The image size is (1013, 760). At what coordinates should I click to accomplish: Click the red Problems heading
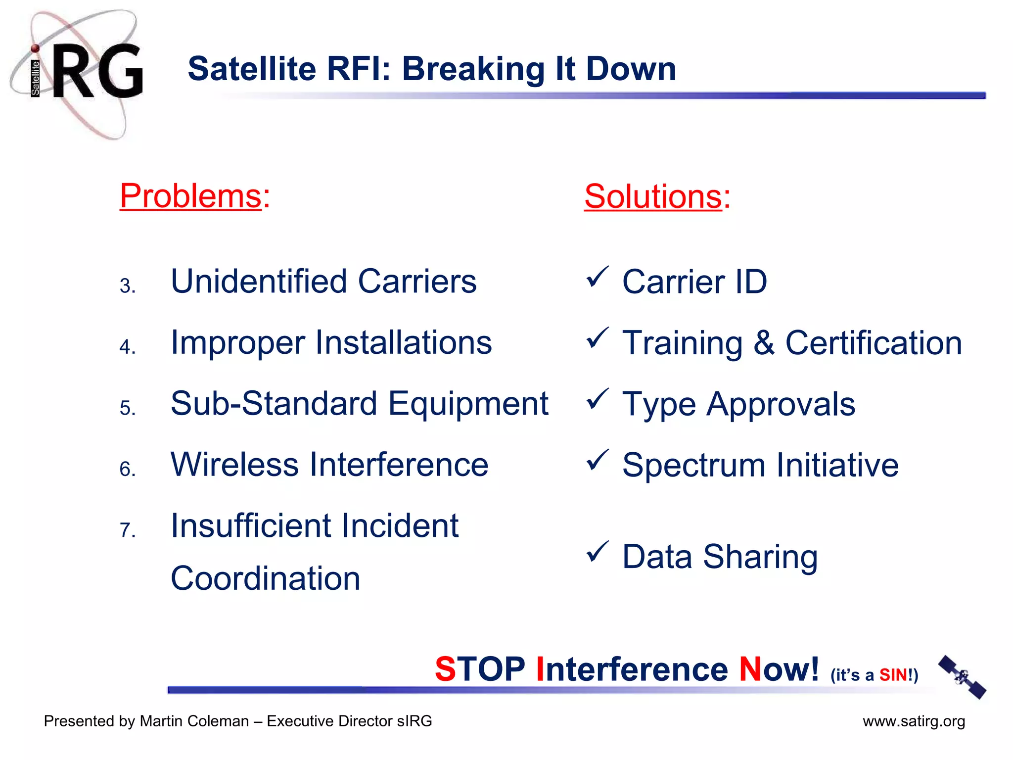[190, 196]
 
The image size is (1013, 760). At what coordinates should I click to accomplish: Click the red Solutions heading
[653, 196]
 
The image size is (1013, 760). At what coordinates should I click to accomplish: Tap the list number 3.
[127, 286]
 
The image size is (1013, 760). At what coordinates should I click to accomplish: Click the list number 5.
[127, 408]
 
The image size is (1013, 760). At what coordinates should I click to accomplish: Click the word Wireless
[234, 465]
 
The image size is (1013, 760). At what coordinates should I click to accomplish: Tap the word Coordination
[265, 578]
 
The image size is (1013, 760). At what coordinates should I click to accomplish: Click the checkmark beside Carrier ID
[597, 277]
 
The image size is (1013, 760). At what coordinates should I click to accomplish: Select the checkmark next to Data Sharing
[597, 552]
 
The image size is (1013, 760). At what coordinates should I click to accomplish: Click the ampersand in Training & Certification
[764, 342]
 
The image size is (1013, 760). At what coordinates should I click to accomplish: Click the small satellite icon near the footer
[962, 677]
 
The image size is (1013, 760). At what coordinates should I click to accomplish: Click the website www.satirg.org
[914, 721]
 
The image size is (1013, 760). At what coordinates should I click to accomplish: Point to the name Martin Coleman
[194, 721]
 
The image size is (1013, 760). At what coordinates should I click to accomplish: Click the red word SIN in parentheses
[892, 675]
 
